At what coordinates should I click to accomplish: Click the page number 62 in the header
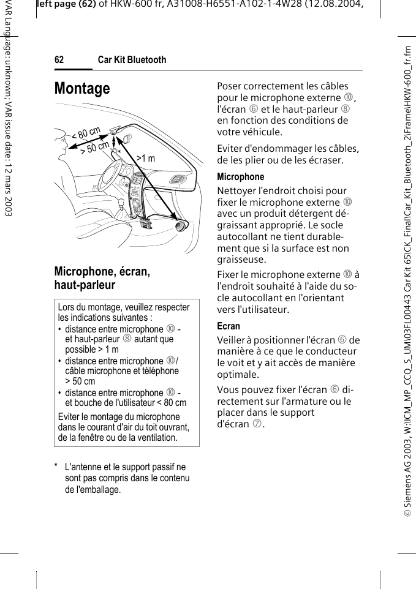point(59,60)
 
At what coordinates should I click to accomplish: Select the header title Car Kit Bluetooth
point(132,60)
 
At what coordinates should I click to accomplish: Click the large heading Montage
point(82,89)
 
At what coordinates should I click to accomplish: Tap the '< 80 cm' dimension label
point(86,133)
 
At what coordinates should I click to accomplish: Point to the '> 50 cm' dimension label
point(95,148)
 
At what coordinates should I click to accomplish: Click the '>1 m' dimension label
point(146,159)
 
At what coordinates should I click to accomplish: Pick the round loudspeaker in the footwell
point(182,225)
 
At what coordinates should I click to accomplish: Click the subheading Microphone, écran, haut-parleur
point(102,278)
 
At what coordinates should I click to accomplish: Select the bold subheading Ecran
point(229,326)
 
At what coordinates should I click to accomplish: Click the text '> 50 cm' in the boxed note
point(80,381)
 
